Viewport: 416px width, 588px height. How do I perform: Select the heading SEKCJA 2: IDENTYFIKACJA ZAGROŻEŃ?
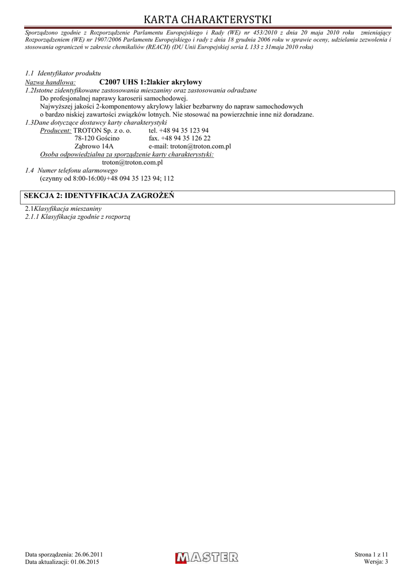coord(99,196)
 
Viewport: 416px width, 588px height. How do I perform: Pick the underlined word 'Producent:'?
coord(56,131)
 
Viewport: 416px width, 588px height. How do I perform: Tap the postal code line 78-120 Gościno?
coord(97,138)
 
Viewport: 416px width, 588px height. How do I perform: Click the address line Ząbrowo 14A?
coord(94,146)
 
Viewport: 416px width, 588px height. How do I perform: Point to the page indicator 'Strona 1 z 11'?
coord(371,554)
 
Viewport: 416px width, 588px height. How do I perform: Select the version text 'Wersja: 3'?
coord(376,562)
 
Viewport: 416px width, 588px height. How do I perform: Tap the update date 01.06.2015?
coord(84,562)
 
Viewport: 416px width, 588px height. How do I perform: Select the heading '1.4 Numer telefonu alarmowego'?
coord(71,171)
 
